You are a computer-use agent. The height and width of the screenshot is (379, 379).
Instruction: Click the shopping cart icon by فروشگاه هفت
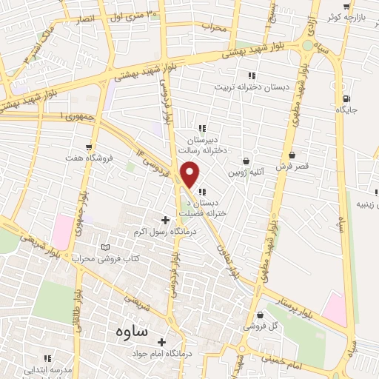point(90,147)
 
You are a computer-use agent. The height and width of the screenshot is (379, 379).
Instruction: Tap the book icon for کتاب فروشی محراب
point(104,246)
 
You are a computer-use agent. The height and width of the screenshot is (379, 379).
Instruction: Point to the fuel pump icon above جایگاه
point(346,98)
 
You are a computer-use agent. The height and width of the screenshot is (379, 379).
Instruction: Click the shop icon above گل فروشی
point(259,315)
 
